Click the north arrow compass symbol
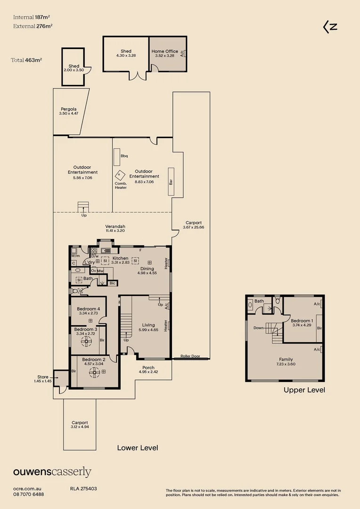click(x=330, y=27)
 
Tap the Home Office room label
click(x=164, y=51)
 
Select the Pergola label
click(x=68, y=109)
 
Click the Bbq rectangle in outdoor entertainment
click(x=116, y=157)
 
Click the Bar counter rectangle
click(x=171, y=181)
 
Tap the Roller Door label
click(x=190, y=356)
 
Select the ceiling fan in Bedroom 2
click(x=94, y=372)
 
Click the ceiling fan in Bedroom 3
click(x=86, y=341)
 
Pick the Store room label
click(x=42, y=377)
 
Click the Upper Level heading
click(x=304, y=390)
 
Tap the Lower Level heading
click(x=138, y=448)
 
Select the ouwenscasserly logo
click(x=52, y=472)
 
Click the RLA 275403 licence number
click(x=83, y=489)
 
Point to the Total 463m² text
click(x=26, y=60)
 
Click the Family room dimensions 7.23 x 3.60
click(x=286, y=364)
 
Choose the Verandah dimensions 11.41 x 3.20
click(x=115, y=231)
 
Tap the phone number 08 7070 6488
click(x=29, y=494)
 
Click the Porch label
click(x=148, y=368)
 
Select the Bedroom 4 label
click(x=88, y=309)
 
